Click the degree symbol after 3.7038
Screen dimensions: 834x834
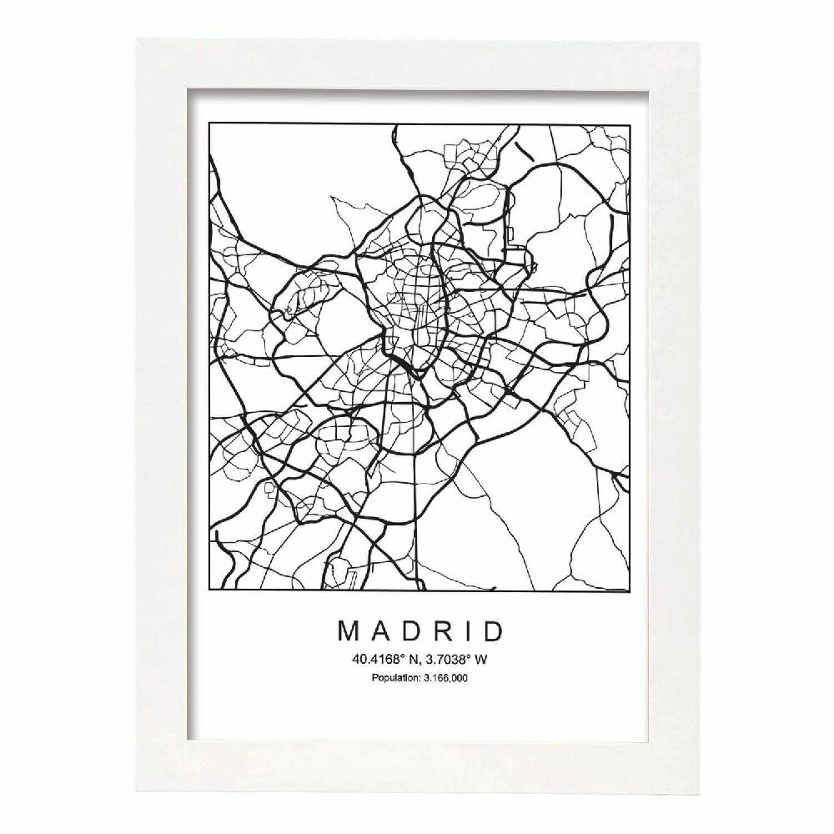[x=465, y=656]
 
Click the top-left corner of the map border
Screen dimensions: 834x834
[x=208, y=123]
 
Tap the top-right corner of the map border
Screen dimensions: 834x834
[x=628, y=123]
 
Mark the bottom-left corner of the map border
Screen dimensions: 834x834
[x=208, y=591]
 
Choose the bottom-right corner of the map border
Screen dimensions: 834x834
[x=628, y=591]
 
